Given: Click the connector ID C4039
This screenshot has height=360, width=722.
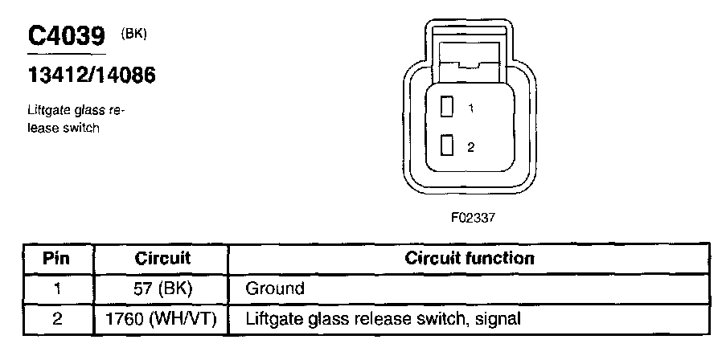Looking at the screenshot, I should (x=67, y=35).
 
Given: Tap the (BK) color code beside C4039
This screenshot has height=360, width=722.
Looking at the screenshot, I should (x=134, y=33).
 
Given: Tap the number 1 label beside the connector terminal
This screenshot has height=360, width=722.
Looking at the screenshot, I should (x=470, y=108).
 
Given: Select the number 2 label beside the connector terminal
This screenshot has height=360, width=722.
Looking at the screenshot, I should (x=470, y=147).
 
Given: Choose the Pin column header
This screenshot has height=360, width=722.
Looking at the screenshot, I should (x=57, y=259).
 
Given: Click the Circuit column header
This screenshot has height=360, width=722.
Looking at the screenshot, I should (x=162, y=259).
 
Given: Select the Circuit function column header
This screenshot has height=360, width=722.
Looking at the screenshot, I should (x=470, y=259).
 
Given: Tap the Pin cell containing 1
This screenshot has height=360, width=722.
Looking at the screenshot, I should (x=57, y=288).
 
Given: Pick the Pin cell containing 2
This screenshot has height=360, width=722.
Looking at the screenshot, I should (x=57, y=319).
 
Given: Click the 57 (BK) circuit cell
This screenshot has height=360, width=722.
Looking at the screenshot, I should (x=162, y=288).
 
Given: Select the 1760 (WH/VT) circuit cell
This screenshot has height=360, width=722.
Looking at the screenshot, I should (x=162, y=319).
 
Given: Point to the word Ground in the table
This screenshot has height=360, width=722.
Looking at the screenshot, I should (x=275, y=288).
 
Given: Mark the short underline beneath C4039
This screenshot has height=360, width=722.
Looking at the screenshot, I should (x=67, y=54).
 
